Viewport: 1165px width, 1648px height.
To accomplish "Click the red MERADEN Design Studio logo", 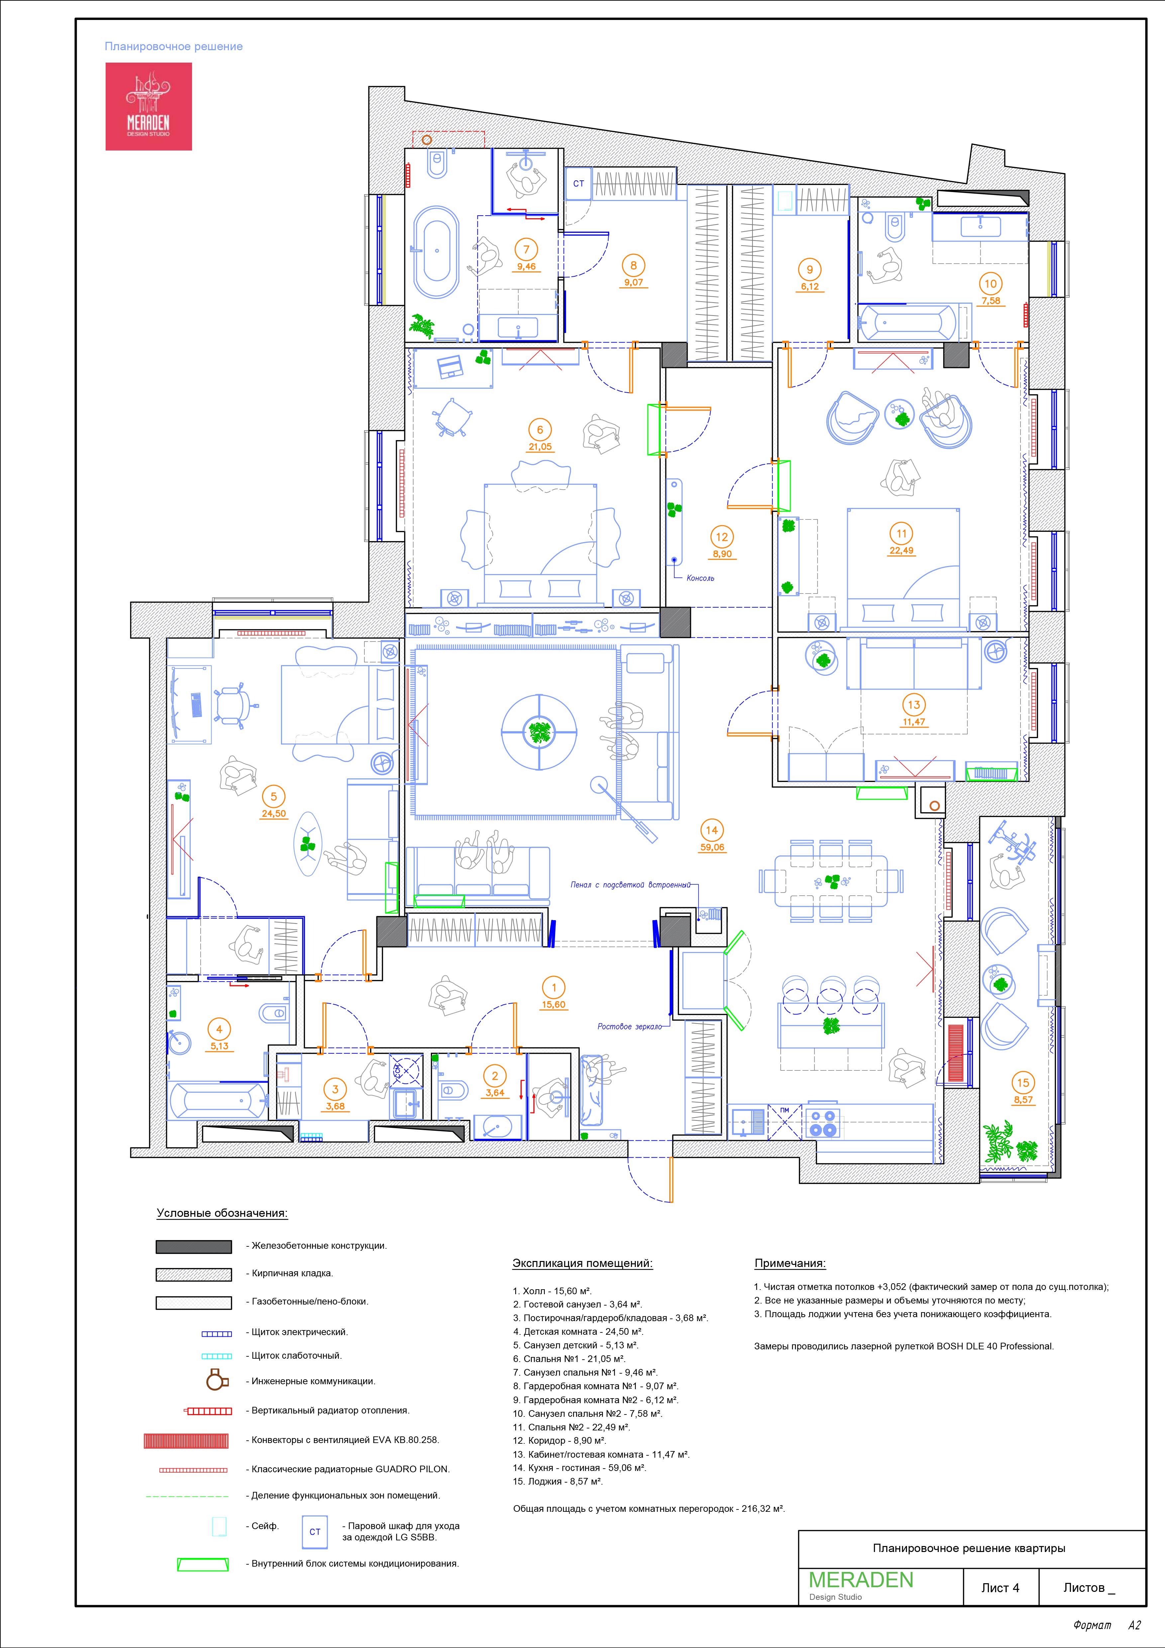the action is coord(148,106).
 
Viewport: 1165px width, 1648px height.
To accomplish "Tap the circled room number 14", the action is coord(711,830).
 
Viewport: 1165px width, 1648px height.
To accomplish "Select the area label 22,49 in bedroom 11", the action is coord(902,550).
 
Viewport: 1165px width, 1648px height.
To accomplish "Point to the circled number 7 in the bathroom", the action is coord(526,250).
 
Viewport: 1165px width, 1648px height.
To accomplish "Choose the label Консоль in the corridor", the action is coord(701,578).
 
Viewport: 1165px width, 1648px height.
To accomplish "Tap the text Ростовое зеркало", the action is coord(630,1026).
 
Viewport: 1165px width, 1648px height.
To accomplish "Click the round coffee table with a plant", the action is coord(538,732).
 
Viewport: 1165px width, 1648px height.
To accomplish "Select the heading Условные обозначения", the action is coord(222,1214).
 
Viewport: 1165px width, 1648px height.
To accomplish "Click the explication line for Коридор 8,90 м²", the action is coord(560,1441).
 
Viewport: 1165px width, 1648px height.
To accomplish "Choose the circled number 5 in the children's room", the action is coord(273,797).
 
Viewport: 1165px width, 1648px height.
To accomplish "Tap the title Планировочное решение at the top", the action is coord(174,47).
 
